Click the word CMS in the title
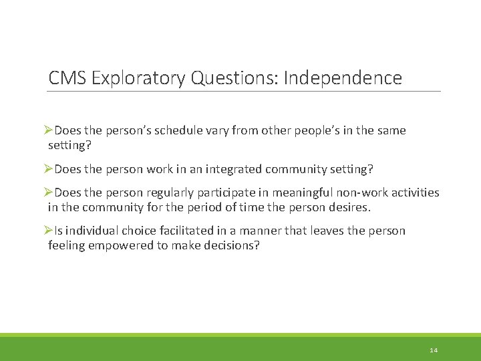coord(67,78)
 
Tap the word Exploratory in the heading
coord(139,78)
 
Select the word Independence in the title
coord(343,78)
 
